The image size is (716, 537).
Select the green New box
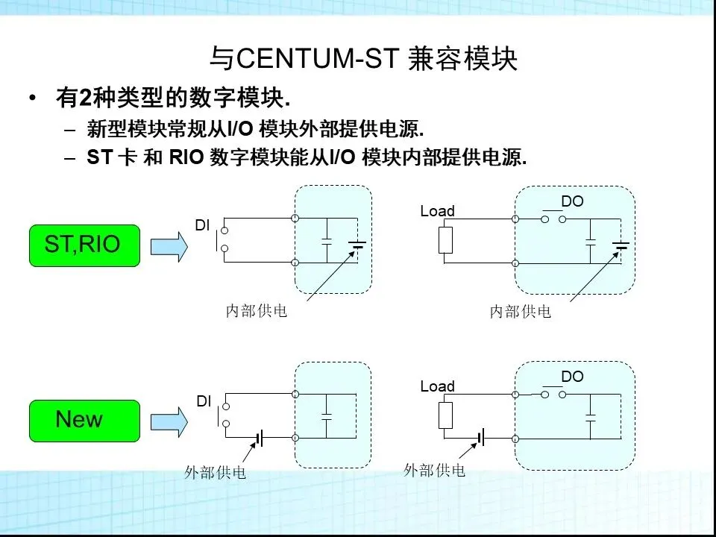click(84, 420)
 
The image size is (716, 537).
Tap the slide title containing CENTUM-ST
click(363, 59)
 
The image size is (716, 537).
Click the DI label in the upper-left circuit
click(202, 224)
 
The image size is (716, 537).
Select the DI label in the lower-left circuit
click(204, 401)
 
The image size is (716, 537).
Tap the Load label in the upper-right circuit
click(437, 211)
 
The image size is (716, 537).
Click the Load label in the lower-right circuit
click(437, 386)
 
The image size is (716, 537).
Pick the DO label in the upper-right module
click(572, 201)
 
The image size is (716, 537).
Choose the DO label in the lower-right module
click(572, 377)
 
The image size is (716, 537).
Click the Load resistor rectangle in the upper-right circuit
click(445, 241)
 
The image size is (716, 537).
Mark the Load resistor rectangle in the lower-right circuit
click(445, 415)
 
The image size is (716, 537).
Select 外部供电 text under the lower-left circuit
click(216, 473)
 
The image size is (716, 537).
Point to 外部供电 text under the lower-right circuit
click(435, 470)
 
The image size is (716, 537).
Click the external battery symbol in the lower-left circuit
click(260, 439)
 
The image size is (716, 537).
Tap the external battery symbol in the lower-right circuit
click(480, 439)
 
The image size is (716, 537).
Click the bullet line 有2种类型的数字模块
click(172, 98)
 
